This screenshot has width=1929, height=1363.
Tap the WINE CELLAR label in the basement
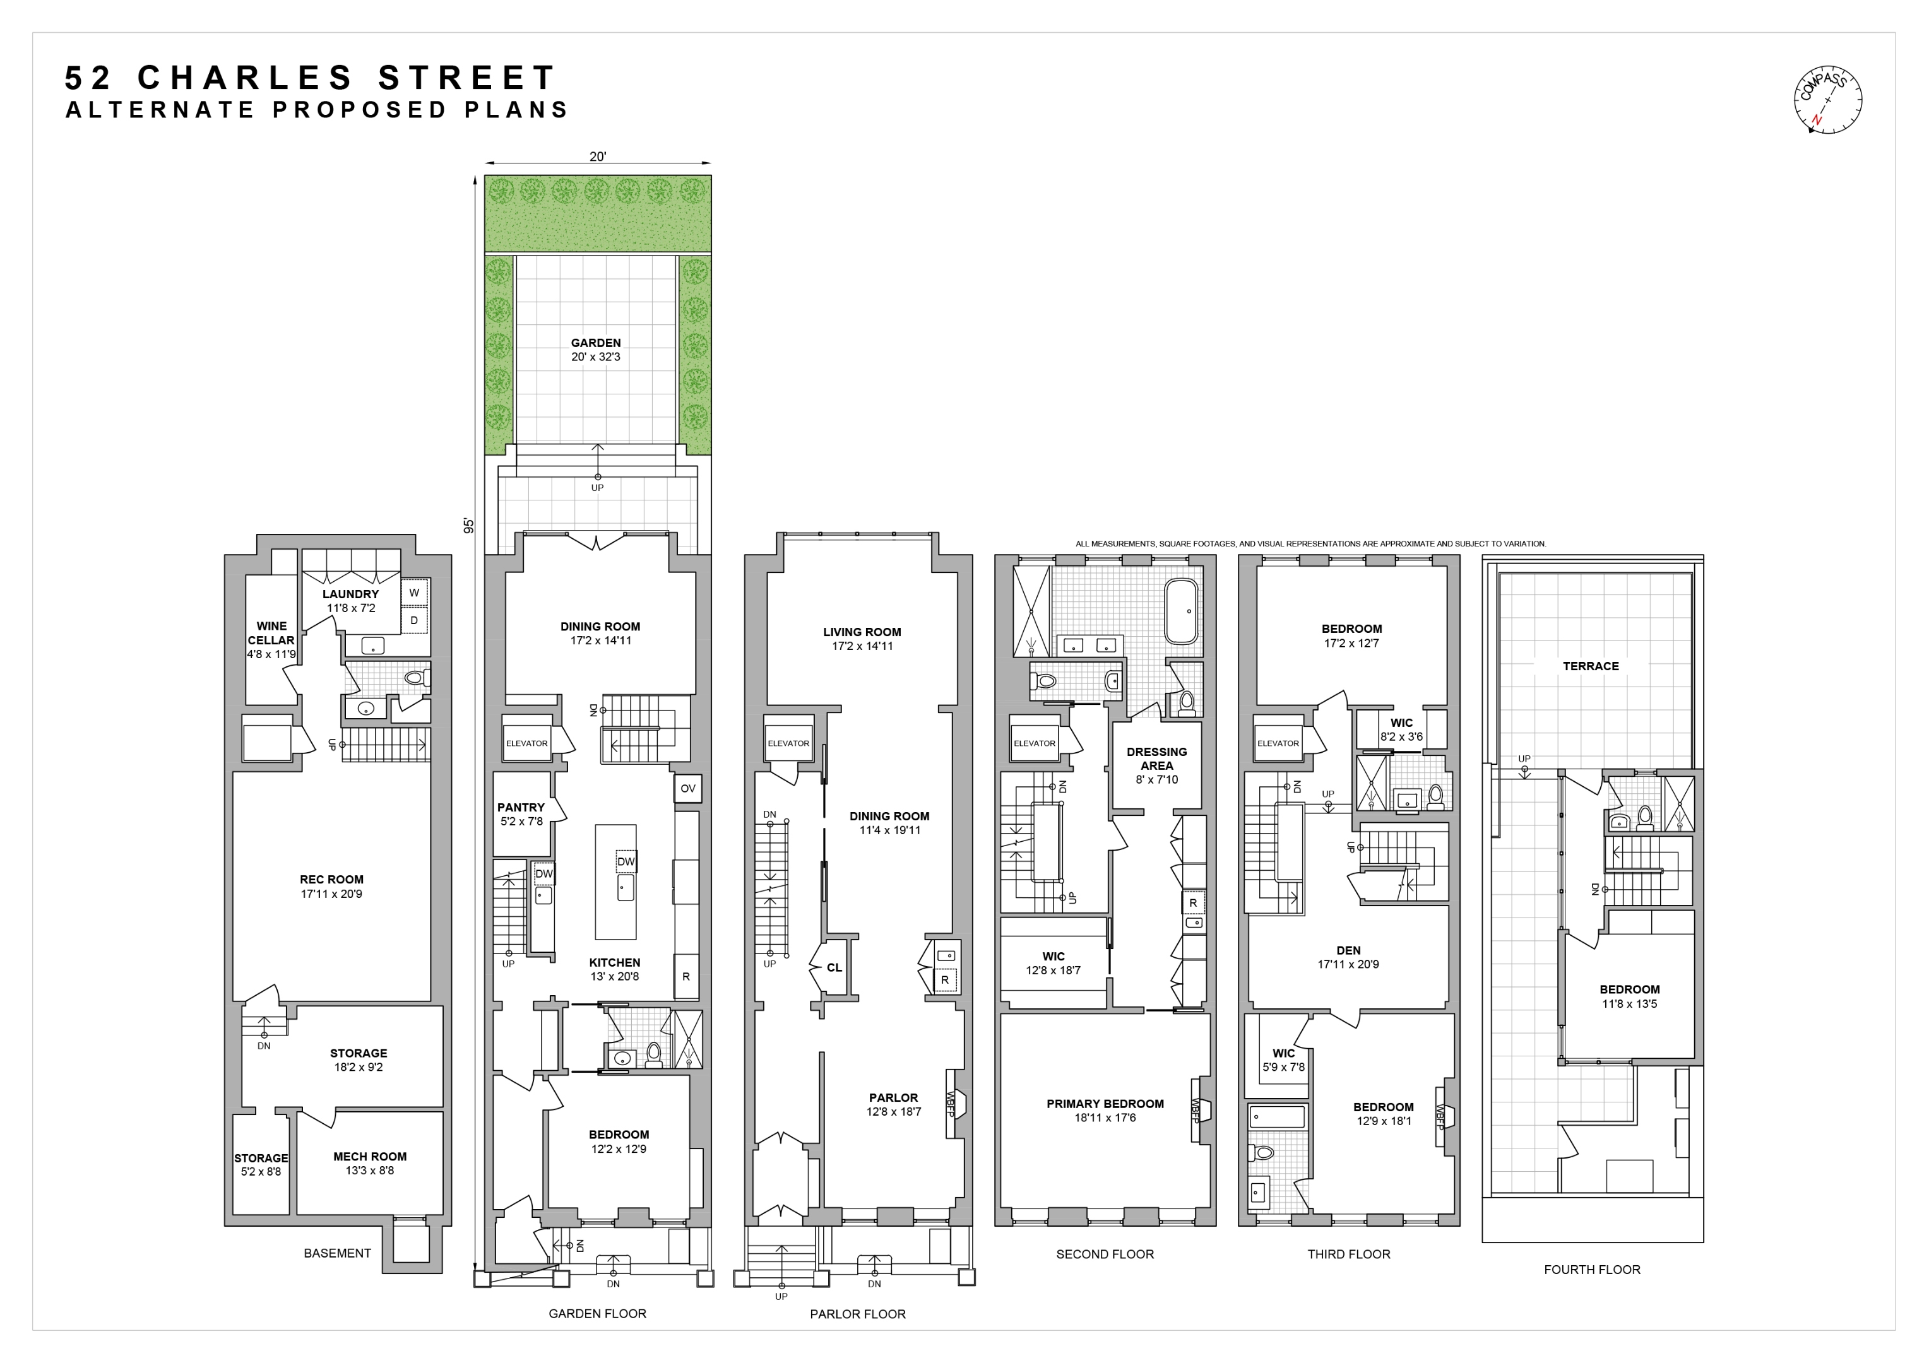point(271,633)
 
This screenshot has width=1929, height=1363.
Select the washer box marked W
point(414,593)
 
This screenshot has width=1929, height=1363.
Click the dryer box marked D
point(414,621)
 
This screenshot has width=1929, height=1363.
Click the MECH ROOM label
point(370,1157)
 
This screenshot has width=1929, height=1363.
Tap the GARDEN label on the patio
point(596,343)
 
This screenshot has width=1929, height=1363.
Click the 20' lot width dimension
point(597,156)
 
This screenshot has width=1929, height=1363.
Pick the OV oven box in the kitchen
point(687,789)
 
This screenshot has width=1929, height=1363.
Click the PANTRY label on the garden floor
point(521,807)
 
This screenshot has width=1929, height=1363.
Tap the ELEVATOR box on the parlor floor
point(788,743)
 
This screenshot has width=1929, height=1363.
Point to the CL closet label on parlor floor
point(834,967)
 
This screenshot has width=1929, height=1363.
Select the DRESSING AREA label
point(1157,758)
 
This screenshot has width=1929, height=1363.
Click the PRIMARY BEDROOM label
point(1105,1104)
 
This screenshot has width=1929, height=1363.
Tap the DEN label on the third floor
point(1348,951)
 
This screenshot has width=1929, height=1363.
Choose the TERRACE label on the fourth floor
point(1591,666)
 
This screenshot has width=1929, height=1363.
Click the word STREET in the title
point(466,78)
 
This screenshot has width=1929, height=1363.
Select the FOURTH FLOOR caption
point(1591,1270)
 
